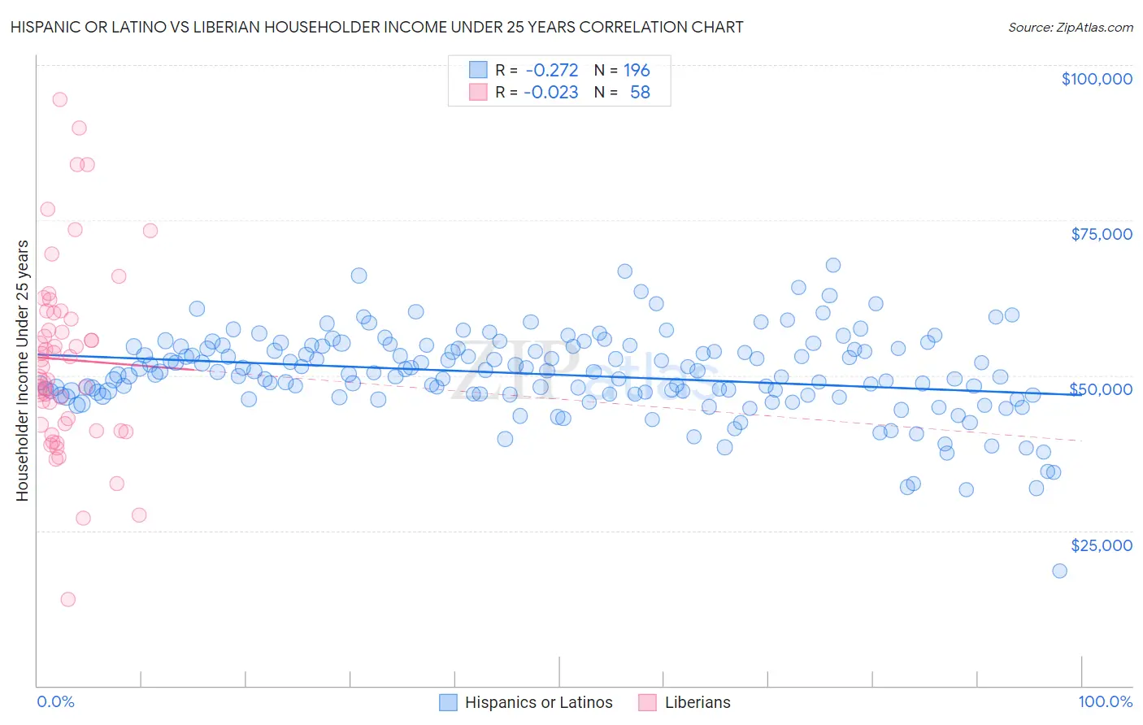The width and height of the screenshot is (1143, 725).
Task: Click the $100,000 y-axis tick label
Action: click(x=1096, y=79)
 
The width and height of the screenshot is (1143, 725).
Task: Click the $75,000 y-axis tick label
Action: click(x=1101, y=234)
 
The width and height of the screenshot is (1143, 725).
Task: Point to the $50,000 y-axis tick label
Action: click(x=1101, y=389)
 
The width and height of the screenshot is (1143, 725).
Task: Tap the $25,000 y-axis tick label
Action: click(x=1101, y=545)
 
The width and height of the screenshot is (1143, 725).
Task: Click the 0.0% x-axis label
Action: click(x=55, y=701)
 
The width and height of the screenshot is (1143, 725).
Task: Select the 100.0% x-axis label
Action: click(x=1105, y=701)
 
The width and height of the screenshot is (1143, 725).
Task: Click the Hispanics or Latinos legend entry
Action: click(x=538, y=702)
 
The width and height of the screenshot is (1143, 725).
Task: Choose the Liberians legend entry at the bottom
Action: click(x=697, y=702)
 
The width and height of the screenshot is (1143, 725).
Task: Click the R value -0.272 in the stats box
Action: click(x=551, y=71)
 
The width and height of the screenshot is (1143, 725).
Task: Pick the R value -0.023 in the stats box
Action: click(x=551, y=93)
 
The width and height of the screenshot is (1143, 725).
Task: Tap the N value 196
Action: click(x=637, y=71)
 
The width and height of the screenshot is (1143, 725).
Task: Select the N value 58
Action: click(x=640, y=93)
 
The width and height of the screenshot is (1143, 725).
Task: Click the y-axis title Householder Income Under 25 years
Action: click(x=22, y=370)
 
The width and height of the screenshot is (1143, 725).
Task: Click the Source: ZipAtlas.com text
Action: click(x=1070, y=28)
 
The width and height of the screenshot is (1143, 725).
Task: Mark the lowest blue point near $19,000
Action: click(x=1059, y=571)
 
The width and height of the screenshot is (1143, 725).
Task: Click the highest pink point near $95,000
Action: click(x=59, y=100)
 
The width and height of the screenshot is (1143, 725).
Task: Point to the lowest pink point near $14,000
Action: click(x=68, y=599)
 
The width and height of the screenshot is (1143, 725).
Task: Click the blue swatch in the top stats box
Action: click(x=478, y=70)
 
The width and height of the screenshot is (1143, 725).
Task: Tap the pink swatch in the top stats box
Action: click(x=478, y=92)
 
